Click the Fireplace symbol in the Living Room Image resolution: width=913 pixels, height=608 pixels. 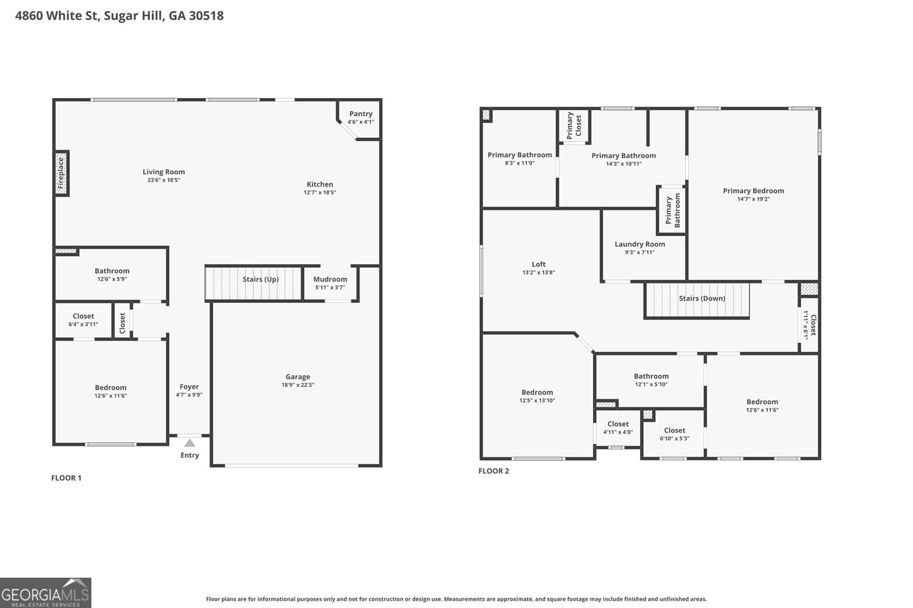pyautogui.click(x=62, y=173)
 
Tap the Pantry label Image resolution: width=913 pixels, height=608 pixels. pyautogui.click(x=361, y=114)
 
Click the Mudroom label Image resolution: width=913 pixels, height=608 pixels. pyautogui.click(x=330, y=279)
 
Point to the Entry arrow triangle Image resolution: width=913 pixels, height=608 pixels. pyautogui.click(x=189, y=443)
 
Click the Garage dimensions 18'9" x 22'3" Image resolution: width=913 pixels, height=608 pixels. pyautogui.click(x=298, y=385)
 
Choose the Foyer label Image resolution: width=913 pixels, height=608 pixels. pyautogui.click(x=189, y=387)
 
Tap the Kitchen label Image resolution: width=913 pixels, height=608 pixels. pyautogui.click(x=320, y=184)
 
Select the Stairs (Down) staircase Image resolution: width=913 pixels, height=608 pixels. pyautogui.click(x=697, y=299)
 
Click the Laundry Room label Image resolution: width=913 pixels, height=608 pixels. pyautogui.click(x=640, y=244)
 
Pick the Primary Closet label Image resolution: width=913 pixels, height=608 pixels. pyautogui.click(x=573, y=125)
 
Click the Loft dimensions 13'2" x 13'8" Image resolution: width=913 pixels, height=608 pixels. pyautogui.click(x=538, y=273)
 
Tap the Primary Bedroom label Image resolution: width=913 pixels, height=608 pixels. pyautogui.click(x=753, y=191)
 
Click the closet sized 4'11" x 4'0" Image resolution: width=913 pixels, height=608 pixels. pyautogui.click(x=618, y=428)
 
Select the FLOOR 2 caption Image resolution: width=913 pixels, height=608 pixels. pyautogui.click(x=494, y=471)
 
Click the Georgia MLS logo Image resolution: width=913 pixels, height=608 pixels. pyautogui.click(x=45, y=593)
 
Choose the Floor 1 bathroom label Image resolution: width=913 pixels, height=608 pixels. pyautogui.click(x=112, y=271)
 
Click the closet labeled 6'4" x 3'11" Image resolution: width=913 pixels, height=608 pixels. pyautogui.click(x=83, y=320)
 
